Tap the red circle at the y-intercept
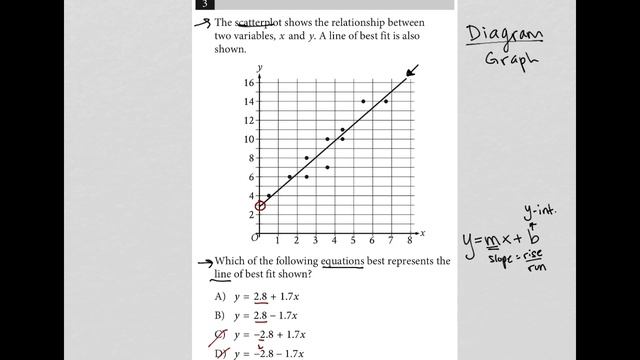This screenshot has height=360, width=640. (x=260, y=206)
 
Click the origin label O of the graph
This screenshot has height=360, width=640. (x=254, y=238)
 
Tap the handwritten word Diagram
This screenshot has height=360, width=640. (x=505, y=36)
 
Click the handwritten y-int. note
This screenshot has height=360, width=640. (x=539, y=211)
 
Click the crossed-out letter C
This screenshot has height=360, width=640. (x=219, y=335)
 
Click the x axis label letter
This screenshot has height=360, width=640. (x=422, y=232)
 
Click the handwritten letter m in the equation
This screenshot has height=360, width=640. (x=495, y=241)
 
